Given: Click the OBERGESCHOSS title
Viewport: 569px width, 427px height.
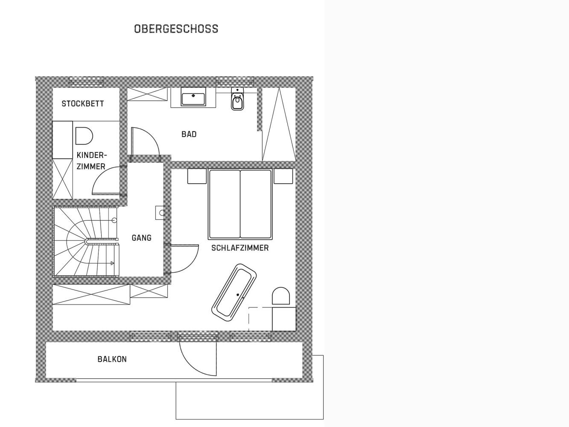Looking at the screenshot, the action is point(176,29).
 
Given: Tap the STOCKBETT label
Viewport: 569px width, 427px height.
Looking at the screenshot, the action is point(83,104).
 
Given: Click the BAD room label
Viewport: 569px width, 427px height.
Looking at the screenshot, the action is point(189,135).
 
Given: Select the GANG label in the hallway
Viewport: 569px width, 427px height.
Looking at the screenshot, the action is point(142,238).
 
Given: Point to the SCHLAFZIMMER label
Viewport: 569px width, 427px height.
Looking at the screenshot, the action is point(240,248).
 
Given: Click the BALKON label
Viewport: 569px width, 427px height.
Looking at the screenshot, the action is point(112,360).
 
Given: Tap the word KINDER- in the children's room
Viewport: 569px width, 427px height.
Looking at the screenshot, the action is point(92,155).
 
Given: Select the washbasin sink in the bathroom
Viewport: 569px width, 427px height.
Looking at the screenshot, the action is point(193,97).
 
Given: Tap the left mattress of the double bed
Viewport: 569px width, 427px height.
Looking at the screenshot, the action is point(225,204).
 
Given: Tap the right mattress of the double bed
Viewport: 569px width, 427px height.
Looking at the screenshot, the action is point(256,204).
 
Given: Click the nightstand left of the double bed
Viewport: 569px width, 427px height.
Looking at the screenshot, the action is point(197,176).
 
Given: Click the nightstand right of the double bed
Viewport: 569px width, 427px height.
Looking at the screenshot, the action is point(283,176).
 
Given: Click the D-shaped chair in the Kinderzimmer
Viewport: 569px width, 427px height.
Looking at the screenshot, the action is point(84,136).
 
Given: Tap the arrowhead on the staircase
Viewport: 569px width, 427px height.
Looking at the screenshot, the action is point(112,263).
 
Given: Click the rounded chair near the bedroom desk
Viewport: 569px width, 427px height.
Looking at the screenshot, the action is point(281,295).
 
